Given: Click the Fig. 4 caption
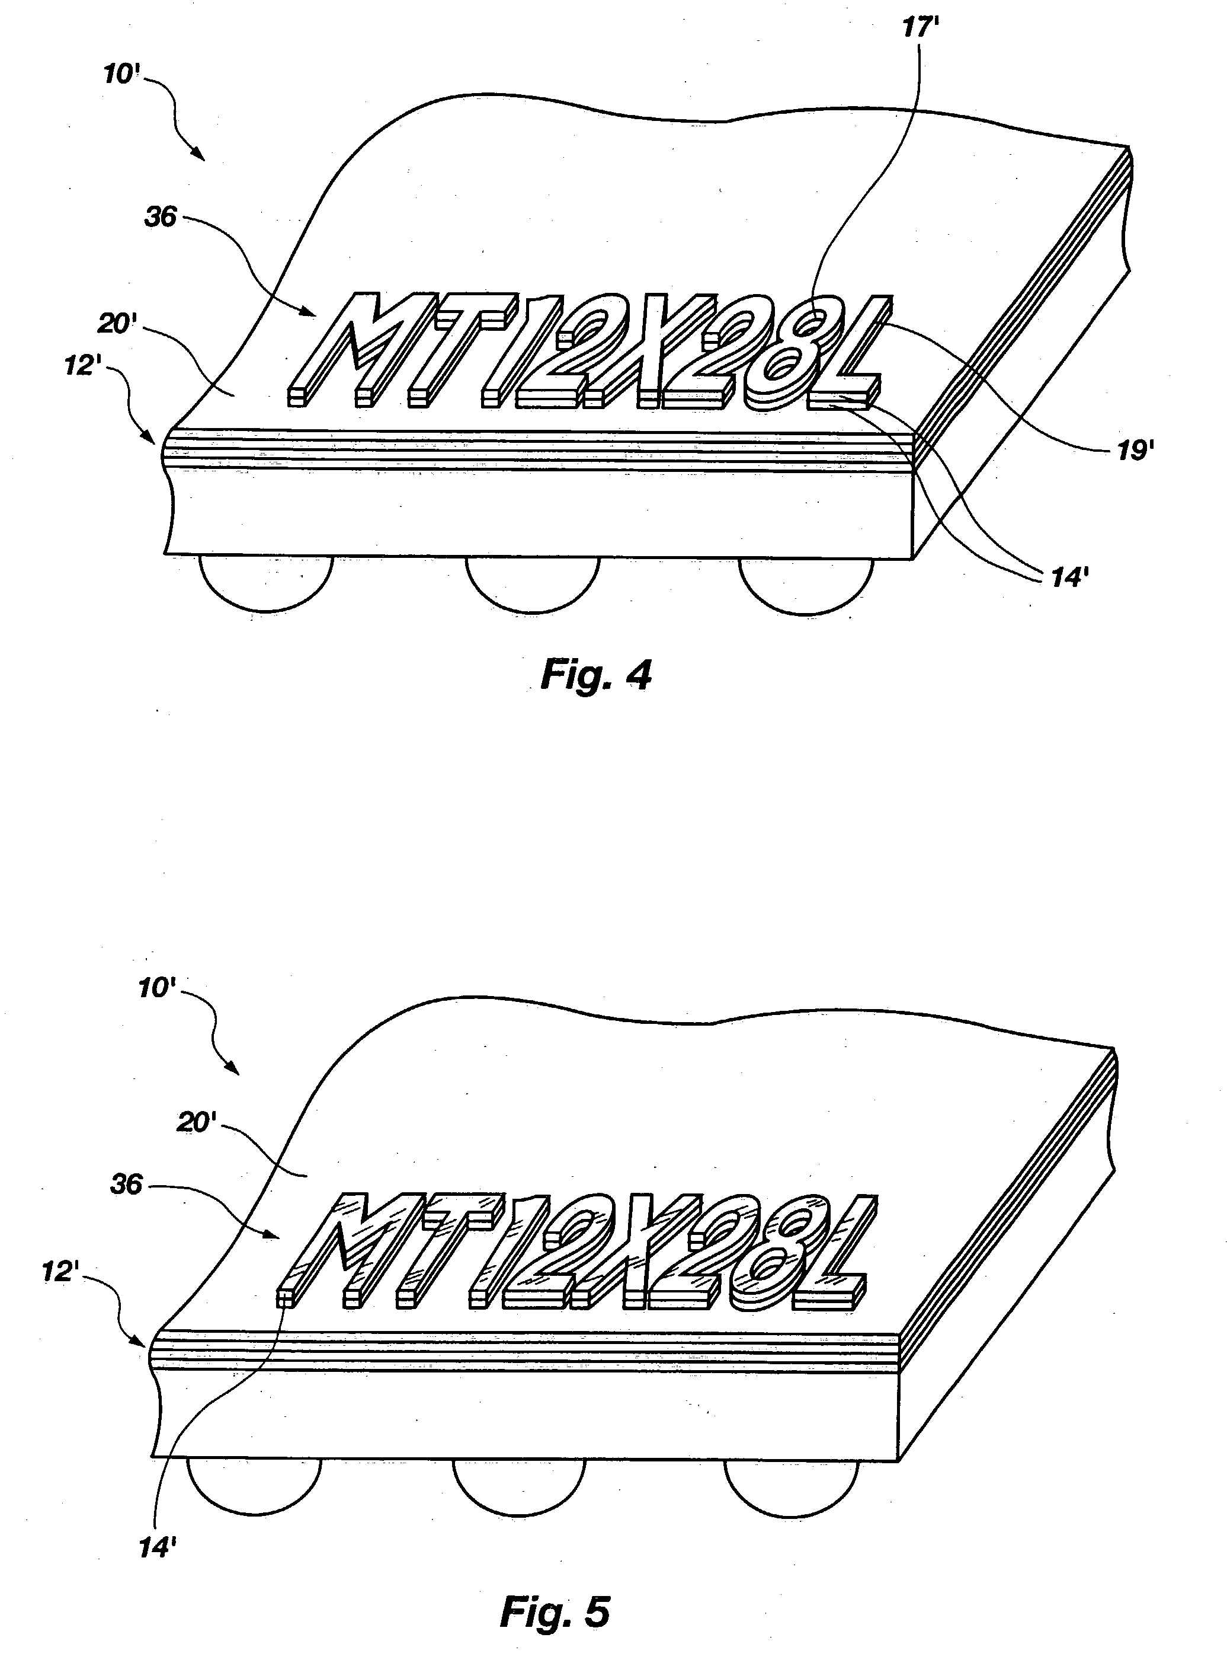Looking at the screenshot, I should pyautogui.click(x=595, y=675).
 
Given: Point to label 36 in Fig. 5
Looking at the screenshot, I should pyautogui.click(x=126, y=1184).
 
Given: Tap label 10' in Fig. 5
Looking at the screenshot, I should pyautogui.click(x=157, y=988).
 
